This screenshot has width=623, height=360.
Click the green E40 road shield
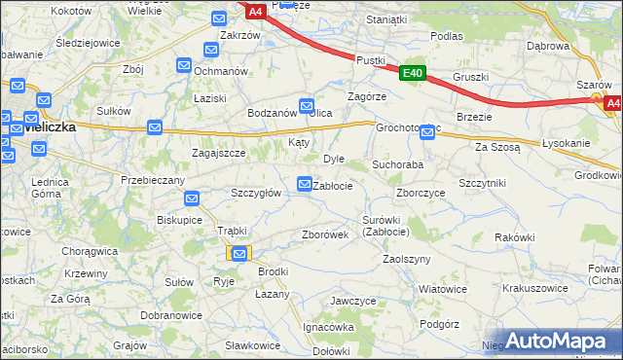(x=412, y=73)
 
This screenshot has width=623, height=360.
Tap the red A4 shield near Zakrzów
(x=255, y=12)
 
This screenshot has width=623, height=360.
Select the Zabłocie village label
(x=332, y=185)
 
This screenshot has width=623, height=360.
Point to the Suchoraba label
(x=397, y=164)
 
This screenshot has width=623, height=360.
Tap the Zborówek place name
(x=325, y=234)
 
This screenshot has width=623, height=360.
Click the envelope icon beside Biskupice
(x=193, y=199)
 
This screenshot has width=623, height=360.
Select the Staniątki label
(x=385, y=18)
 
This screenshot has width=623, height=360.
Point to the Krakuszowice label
(x=534, y=288)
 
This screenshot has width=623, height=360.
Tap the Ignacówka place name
(x=326, y=327)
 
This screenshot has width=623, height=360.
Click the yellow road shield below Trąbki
(x=240, y=253)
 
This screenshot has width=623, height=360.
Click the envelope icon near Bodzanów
(x=307, y=105)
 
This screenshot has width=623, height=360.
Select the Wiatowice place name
(x=443, y=289)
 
